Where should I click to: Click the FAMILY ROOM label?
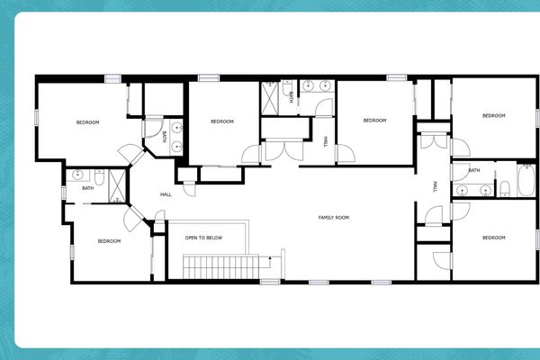333,217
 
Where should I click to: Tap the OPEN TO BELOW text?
203,238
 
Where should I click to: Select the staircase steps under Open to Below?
220,267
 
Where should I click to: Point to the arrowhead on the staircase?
270,258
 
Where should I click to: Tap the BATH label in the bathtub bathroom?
473,170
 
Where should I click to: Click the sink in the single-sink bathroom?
78,174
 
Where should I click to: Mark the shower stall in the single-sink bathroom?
117,184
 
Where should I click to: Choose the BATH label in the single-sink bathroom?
87,188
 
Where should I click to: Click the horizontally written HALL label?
166,194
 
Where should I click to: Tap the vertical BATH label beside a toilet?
292,99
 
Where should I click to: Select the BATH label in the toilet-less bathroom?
164,137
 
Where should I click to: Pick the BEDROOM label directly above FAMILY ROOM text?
374,121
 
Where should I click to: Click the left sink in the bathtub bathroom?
463,189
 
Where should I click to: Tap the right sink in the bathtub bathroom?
484,189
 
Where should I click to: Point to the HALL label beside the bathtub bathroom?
435,187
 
